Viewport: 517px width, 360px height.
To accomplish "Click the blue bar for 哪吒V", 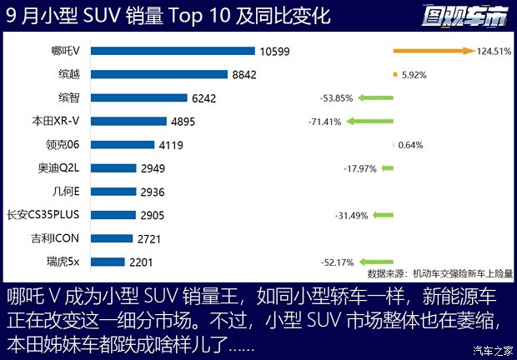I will click(x=173, y=51).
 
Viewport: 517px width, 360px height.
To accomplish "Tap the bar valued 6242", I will click(x=138, y=97).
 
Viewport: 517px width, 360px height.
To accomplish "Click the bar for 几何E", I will click(x=113, y=191).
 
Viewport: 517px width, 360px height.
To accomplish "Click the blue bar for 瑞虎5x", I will click(x=108, y=262).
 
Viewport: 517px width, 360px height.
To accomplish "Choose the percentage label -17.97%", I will click(x=360, y=169).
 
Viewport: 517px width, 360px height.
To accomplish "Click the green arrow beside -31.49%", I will click(x=383, y=216).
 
